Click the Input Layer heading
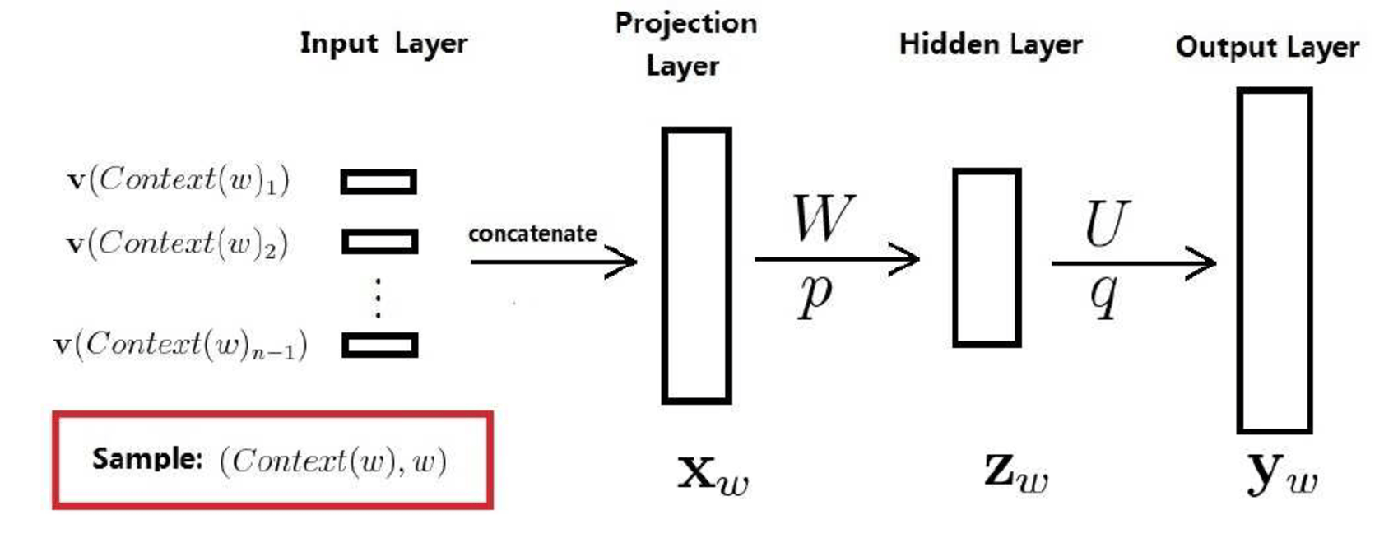383,43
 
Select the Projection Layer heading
685,44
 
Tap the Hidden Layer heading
990,44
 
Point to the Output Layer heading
1266,47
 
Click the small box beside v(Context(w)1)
379,181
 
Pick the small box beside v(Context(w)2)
379,242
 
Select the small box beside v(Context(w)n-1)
379,345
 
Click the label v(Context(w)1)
178,180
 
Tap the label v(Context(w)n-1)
180,345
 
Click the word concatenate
532,234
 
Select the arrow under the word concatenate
553,262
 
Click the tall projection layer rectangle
696,265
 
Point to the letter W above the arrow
823,218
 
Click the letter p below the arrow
815,295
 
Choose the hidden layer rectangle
987,257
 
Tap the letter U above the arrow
1105,224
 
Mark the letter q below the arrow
1104,295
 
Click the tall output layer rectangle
1274,260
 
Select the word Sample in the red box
146,458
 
